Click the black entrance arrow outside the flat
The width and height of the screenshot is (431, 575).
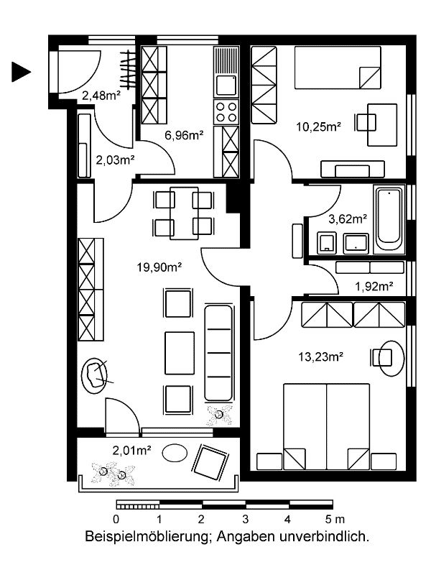click(21, 72)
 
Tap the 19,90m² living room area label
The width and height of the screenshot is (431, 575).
click(159, 267)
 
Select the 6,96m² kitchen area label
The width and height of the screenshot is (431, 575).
click(184, 135)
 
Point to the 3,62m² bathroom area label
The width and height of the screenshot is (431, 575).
click(348, 219)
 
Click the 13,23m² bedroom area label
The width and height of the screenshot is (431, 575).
click(320, 356)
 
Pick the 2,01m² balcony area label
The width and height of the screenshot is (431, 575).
click(132, 450)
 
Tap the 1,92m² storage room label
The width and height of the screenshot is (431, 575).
click(374, 286)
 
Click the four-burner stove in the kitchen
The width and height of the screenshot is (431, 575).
click(226, 112)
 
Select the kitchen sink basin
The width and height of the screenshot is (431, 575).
click(226, 86)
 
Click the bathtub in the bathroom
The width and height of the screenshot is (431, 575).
click(389, 220)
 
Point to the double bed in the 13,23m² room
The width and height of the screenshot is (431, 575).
click(327, 426)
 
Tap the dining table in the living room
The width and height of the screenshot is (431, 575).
click(184, 213)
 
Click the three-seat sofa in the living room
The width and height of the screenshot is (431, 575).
click(218, 353)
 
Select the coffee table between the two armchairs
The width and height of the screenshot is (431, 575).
click(180, 353)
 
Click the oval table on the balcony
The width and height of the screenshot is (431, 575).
click(175, 453)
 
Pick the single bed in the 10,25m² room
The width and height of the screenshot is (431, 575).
click(338, 68)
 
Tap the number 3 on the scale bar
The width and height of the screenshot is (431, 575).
click(245, 519)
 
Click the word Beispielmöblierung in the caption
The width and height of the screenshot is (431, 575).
click(149, 536)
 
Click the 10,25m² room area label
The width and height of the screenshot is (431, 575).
click(319, 127)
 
